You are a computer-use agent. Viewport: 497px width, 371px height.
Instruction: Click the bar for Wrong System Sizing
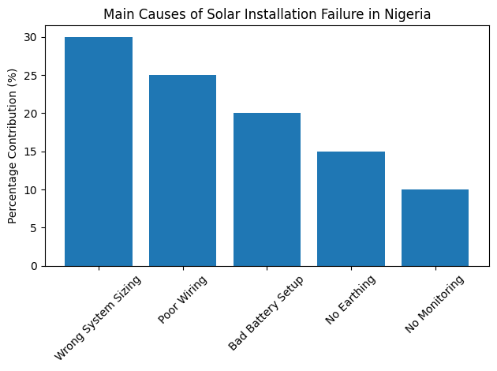pyautogui.click(x=99, y=152)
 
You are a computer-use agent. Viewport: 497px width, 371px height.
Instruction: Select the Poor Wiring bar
pyautogui.click(x=182, y=171)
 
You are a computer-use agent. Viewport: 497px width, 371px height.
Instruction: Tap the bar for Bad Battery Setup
pyautogui.click(x=267, y=189)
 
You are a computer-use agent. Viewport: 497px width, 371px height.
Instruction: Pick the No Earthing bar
pyautogui.click(x=351, y=208)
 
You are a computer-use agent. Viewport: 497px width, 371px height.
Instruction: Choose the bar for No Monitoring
pyautogui.click(x=435, y=227)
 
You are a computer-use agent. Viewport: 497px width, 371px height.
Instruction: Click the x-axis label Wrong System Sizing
pyautogui.click(x=99, y=317)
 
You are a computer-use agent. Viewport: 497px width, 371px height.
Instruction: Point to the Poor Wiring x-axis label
pyautogui.click(x=183, y=299)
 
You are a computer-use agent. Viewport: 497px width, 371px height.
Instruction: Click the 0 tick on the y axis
pyautogui.click(x=35, y=266)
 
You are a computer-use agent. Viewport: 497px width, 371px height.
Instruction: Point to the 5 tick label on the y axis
pyautogui.click(x=35, y=228)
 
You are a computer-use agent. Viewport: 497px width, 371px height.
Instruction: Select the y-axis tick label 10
pyautogui.click(x=32, y=190)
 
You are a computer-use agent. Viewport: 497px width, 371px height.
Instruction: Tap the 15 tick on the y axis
pyautogui.click(x=32, y=152)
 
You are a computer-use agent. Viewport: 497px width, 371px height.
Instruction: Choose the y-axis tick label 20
pyautogui.click(x=32, y=114)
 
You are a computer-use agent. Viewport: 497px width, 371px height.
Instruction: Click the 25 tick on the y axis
pyautogui.click(x=32, y=76)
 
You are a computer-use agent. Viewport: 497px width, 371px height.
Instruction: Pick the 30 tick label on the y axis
pyautogui.click(x=32, y=38)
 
